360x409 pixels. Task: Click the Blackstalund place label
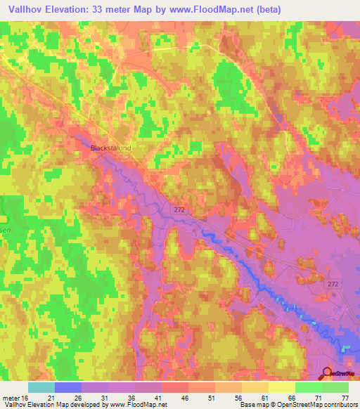click(x=111, y=148)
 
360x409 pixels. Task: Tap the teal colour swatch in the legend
click(x=41, y=387)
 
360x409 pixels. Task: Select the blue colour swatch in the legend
click(x=68, y=387)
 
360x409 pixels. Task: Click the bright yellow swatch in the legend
click(x=281, y=387)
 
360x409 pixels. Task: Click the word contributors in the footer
click(x=340, y=405)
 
